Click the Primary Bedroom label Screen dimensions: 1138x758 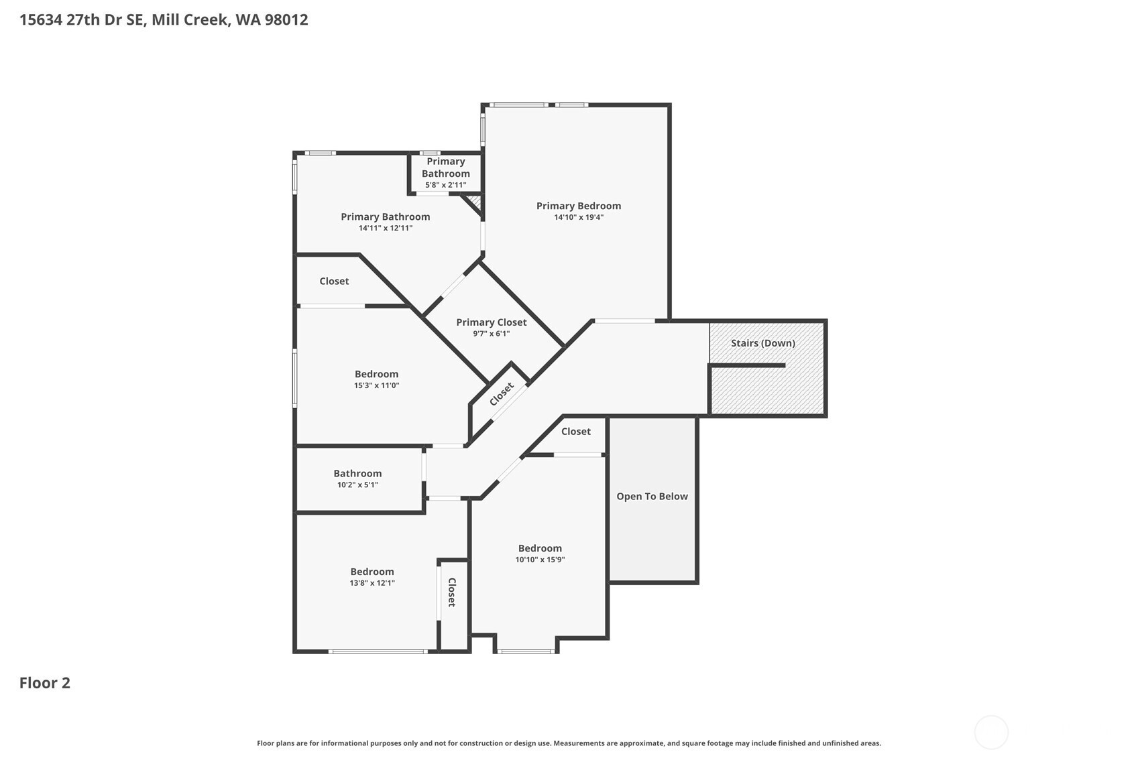click(x=579, y=206)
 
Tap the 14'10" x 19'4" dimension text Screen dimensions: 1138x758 click(x=579, y=217)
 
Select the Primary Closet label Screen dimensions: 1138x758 click(x=492, y=322)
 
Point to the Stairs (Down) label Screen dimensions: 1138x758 click(x=763, y=343)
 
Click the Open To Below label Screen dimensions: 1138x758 click(x=652, y=496)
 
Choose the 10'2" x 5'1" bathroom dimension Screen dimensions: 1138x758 click(x=357, y=485)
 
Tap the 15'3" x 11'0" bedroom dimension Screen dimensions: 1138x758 click(x=376, y=385)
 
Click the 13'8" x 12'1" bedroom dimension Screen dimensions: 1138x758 click(x=372, y=583)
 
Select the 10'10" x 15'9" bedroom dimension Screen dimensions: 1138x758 click(x=540, y=560)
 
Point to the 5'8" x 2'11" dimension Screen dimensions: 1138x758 click(x=445, y=185)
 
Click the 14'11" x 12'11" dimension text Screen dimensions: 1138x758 click(x=386, y=228)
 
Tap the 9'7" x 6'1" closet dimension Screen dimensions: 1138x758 click(x=492, y=334)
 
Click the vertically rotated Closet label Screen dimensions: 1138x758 click(x=451, y=592)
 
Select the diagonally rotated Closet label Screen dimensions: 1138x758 click(x=502, y=394)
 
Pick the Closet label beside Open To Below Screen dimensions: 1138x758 click(x=575, y=431)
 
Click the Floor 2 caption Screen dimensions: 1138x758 click(x=45, y=683)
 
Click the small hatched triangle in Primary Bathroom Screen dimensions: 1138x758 click(x=474, y=202)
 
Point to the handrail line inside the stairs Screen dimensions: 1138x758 click(x=748, y=365)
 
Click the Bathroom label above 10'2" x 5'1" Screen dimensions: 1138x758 click(x=357, y=473)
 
